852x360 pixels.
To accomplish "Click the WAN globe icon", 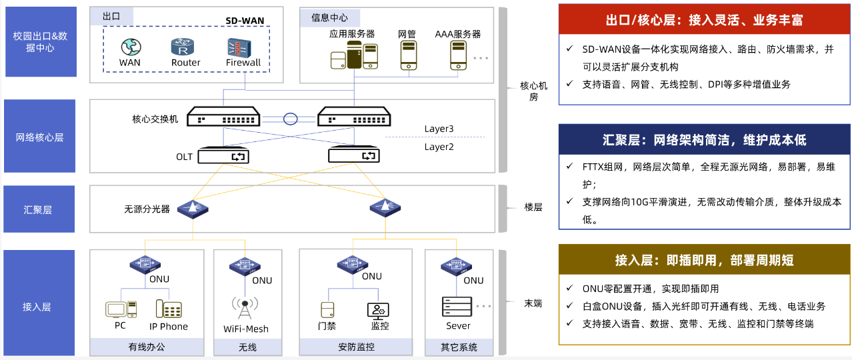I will point(130,47).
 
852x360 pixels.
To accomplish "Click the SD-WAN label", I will point(245,21).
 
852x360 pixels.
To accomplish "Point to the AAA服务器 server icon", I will point(458,55).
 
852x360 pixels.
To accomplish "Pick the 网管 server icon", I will point(408,55).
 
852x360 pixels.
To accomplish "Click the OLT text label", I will point(184,157).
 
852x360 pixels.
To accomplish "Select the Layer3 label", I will point(439,129).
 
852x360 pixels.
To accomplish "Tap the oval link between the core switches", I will point(290,119).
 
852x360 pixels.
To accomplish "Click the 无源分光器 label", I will point(147,209).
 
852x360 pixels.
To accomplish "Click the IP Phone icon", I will point(169,309).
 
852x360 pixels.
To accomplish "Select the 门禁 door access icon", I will point(327,309).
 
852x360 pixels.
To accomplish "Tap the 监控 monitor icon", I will point(377,309).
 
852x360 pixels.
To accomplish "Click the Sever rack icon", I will point(457,307).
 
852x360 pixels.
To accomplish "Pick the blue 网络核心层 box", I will point(40,136).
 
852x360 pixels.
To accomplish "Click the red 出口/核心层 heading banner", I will point(704,19).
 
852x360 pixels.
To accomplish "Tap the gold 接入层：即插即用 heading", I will point(704,259).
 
